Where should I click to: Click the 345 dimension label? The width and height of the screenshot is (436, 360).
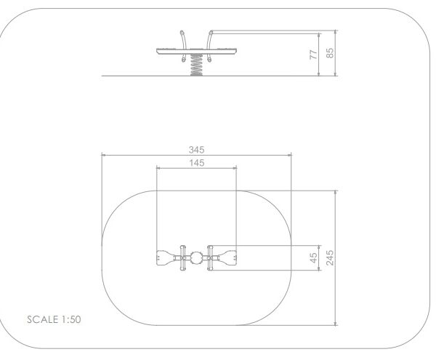tap(197, 150)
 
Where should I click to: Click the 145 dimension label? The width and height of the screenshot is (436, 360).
tap(197, 163)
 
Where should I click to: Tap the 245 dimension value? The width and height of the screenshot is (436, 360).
tap(330, 257)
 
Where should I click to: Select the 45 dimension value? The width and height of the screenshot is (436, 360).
tap(313, 258)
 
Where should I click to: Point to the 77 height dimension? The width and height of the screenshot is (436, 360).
tap(313, 55)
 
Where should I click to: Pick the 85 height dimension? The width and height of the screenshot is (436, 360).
tap(330, 53)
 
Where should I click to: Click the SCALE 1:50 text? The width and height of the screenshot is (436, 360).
tap(54, 319)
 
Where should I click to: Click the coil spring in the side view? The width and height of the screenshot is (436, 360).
tap(196, 65)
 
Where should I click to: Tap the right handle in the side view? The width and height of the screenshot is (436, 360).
tap(209, 47)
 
